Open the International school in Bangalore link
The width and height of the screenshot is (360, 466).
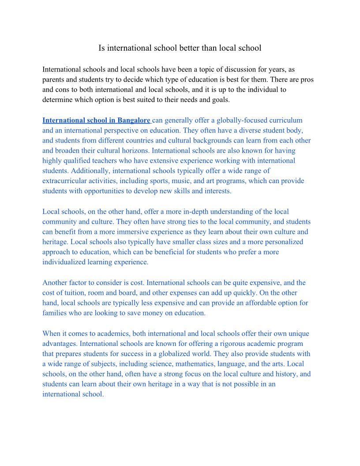tap(96, 120)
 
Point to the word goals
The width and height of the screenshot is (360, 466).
tap(219, 100)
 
